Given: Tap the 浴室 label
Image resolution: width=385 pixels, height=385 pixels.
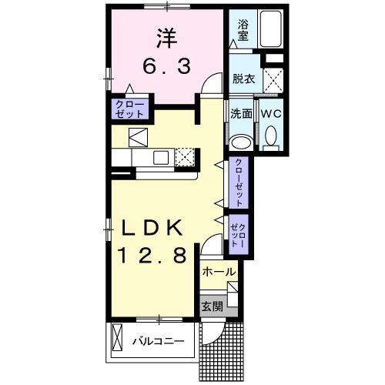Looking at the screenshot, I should pyautogui.click(x=243, y=30).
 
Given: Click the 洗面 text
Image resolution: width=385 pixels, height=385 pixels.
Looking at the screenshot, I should pyautogui.click(x=241, y=113).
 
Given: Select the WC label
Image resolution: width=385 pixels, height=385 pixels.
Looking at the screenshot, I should pyautogui.click(x=270, y=113).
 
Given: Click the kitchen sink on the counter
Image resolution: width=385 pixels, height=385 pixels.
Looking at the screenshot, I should pyautogui.click(x=161, y=158).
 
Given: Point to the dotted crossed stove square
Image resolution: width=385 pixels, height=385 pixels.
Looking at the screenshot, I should pyautogui.click(x=185, y=158).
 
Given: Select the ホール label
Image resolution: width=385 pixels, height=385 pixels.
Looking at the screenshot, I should pyautogui.click(x=219, y=272).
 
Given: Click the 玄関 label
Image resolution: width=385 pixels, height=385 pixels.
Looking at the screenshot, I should pyautogui.click(x=213, y=306).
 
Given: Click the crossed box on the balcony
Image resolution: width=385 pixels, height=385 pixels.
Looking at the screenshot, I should pyautogui.click(x=118, y=336).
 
